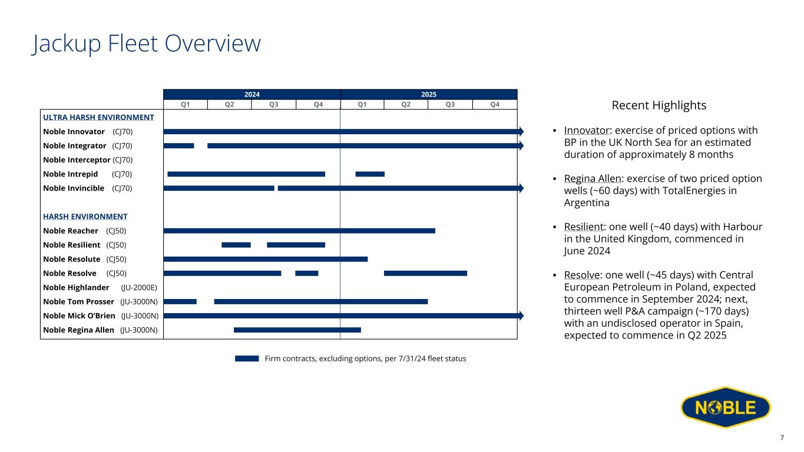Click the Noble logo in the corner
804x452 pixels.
(x=726, y=407)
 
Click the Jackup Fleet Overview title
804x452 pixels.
(x=147, y=44)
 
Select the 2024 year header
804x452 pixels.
(x=252, y=94)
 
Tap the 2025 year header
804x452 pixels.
(x=429, y=94)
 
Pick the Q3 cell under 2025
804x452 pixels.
(x=450, y=104)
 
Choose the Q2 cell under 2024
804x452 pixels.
(x=229, y=104)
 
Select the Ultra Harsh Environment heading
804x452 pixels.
(x=98, y=117)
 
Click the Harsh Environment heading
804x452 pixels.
(x=85, y=217)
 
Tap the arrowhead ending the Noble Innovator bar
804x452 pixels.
(x=521, y=131)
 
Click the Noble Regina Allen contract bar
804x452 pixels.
(x=297, y=330)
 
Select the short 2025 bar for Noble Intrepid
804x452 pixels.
(x=370, y=174)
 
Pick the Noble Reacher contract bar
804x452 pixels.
(x=299, y=231)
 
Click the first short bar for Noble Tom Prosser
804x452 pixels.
(x=180, y=302)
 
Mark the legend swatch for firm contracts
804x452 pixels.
(x=247, y=358)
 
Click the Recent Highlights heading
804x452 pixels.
(x=659, y=105)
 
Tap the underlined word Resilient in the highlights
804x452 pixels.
(x=584, y=227)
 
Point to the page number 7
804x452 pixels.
(x=782, y=438)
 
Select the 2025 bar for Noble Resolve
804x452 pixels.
(x=426, y=273)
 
